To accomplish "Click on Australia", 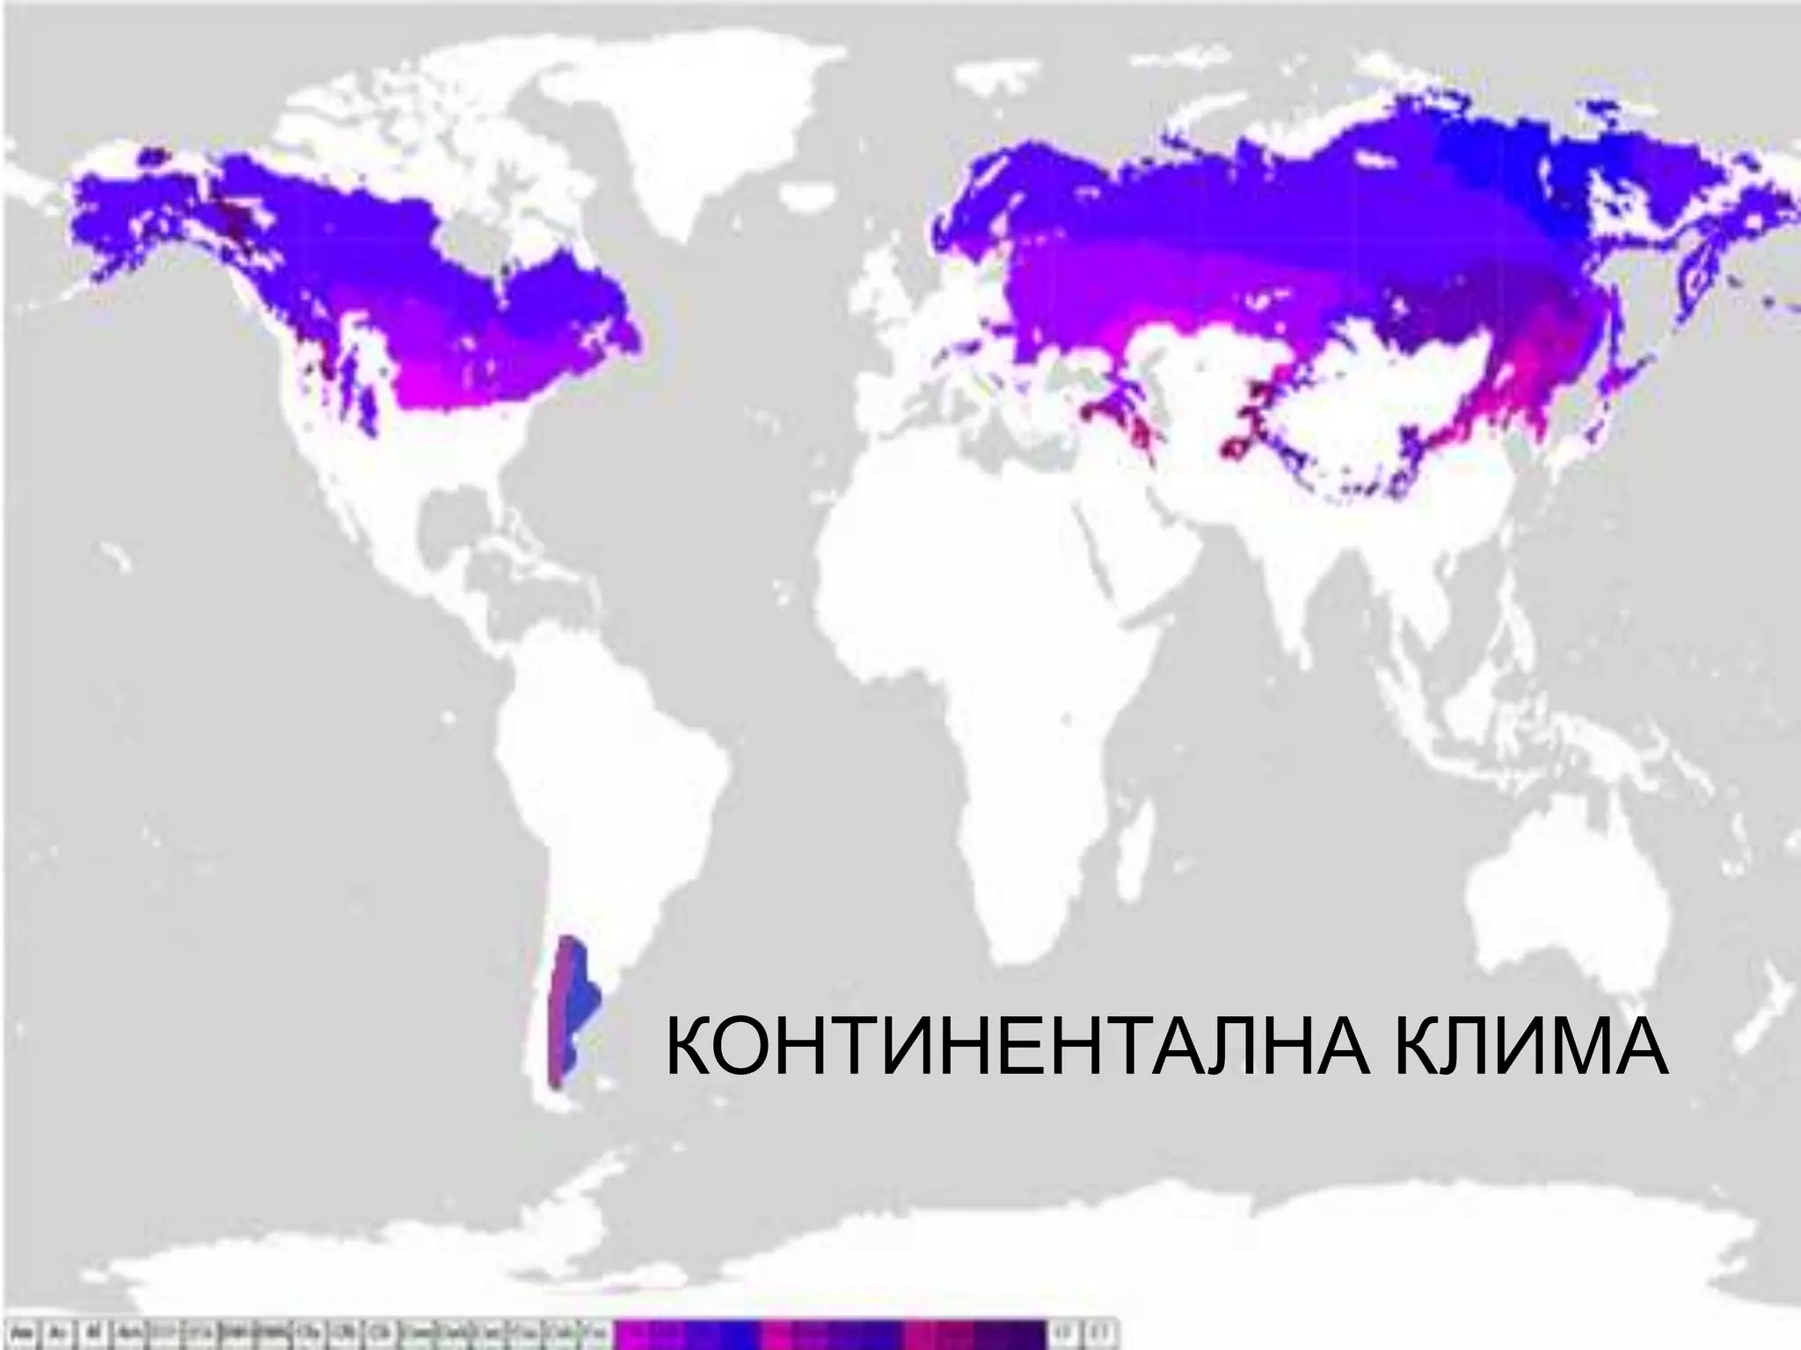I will (x=1574, y=888).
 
